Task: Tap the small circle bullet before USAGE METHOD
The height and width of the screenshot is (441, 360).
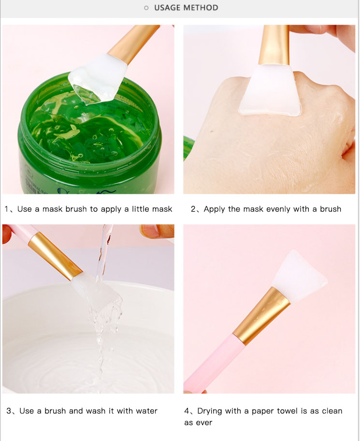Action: [146, 8]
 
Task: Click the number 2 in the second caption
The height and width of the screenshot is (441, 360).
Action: [193, 209]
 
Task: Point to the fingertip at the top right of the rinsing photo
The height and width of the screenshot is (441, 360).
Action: [157, 231]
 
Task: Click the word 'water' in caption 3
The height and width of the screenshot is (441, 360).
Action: [146, 411]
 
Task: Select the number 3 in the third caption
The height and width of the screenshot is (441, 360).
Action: [9, 411]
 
